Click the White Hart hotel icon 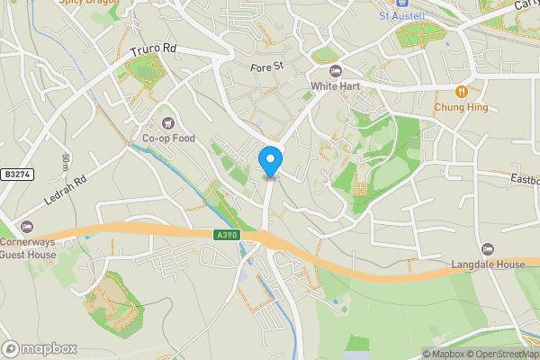tap(336, 71)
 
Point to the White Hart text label tap(336, 86)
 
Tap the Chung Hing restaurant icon tap(461, 91)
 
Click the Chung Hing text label tap(461, 106)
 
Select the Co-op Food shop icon tap(166, 122)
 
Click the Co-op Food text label tap(168, 139)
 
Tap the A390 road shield tap(229, 235)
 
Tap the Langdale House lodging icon tap(488, 248)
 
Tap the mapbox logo tap(40, 348)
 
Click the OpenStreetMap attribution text tap(500, 353)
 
